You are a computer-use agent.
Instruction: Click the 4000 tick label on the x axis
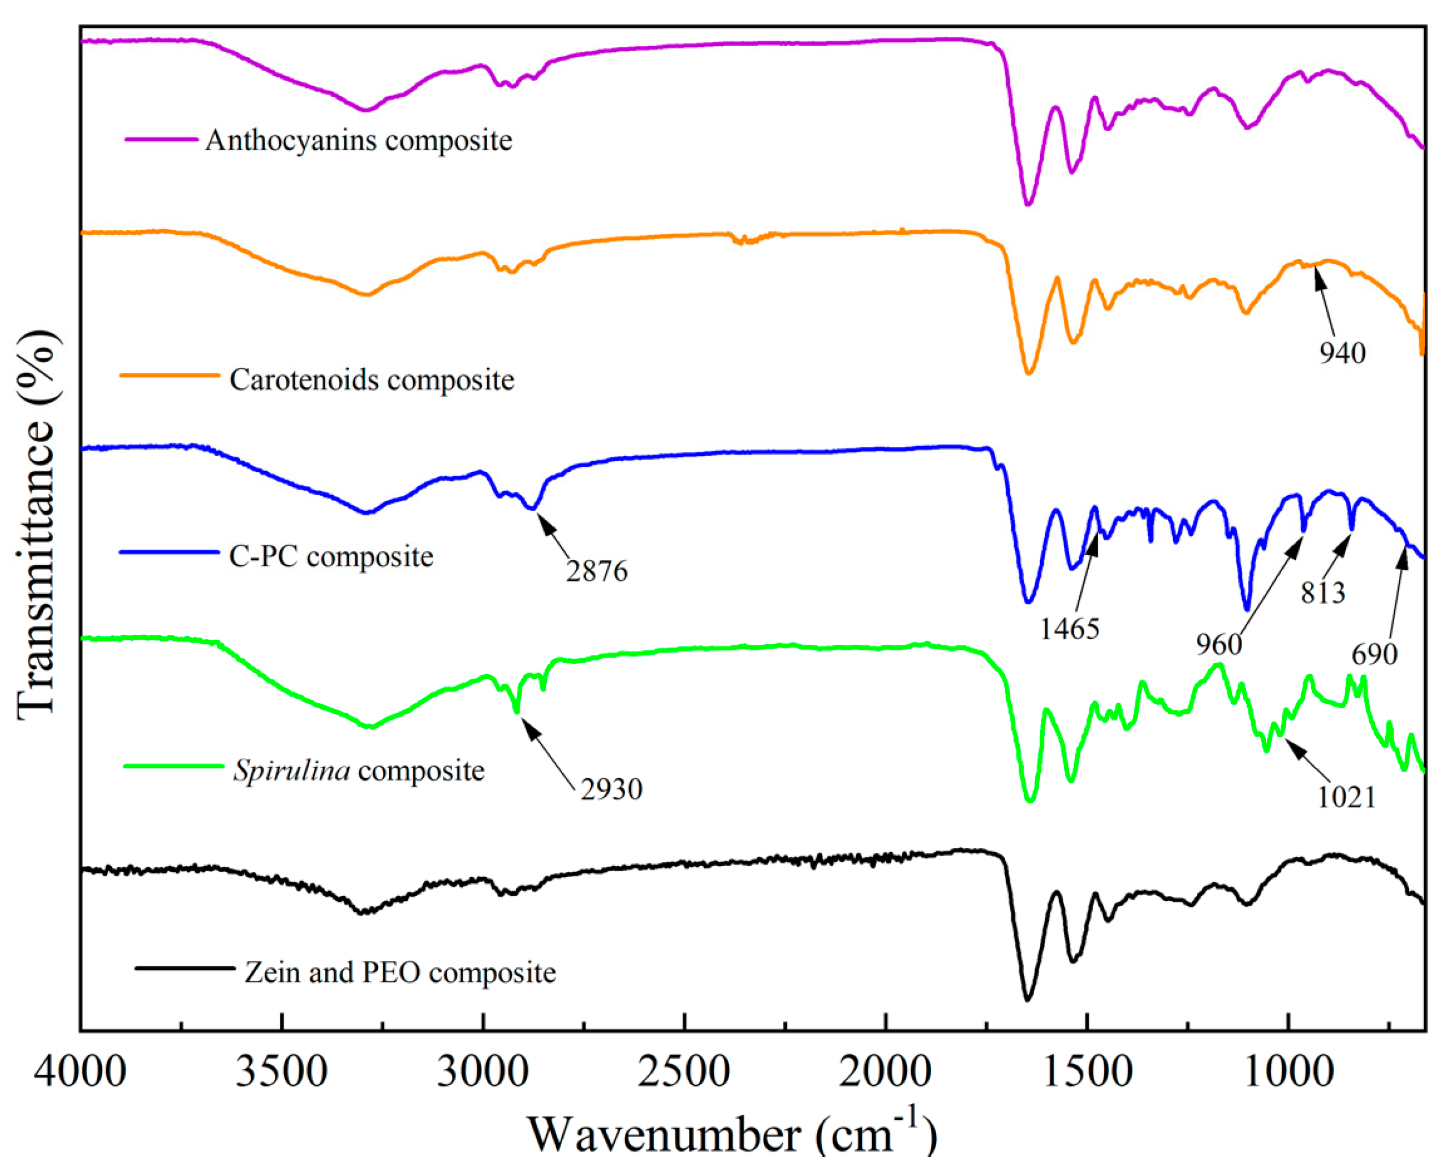(x=80, y=1073)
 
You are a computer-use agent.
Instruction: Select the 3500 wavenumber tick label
(x=281, y=1073)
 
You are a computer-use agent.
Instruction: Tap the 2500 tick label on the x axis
(x=684, y=1073)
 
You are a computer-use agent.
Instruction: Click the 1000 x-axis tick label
(x=1288, y=1073)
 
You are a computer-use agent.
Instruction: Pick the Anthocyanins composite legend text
(x=359, y=141)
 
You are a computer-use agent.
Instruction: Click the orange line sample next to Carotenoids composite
(x=170, y=375)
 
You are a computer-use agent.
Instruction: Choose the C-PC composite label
(x=331, y=556)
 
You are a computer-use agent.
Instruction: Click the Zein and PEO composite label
(x=400, y=973)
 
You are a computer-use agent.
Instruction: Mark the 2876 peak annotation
(x=597, y=571)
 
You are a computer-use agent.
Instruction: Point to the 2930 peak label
(x=611, y=789)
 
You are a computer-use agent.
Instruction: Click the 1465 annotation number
(x=1070, y=629)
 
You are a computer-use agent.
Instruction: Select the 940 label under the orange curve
(x=1342, y=353)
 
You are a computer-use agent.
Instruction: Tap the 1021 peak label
(x=1346, y=798)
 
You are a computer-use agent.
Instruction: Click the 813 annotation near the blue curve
(x=1322, y=593)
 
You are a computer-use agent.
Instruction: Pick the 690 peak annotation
(x=1374, y=654)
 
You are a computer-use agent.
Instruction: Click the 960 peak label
(x=1219, y=645)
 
